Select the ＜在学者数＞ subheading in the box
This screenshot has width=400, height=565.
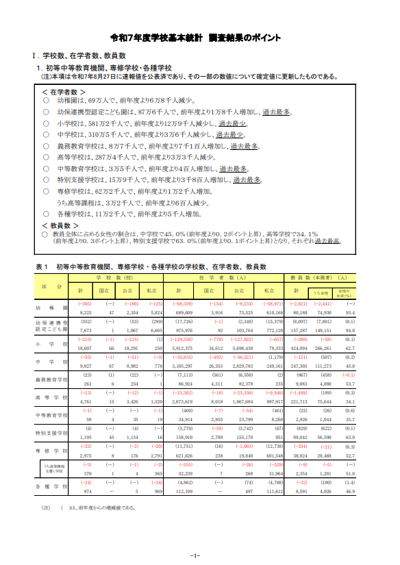[64, 91]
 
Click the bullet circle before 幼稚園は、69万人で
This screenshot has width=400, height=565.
[46, 101]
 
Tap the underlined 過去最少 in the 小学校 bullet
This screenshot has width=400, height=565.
[232, 124]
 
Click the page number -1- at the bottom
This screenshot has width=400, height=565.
[195, 555]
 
